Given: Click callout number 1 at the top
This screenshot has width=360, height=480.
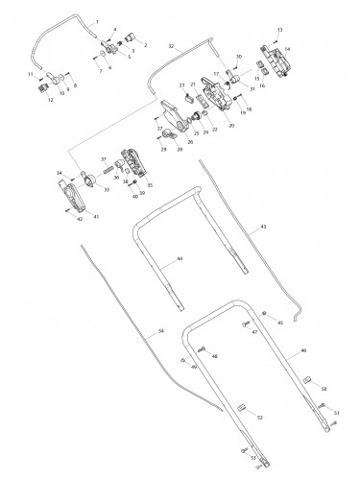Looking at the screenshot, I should coord(97,21).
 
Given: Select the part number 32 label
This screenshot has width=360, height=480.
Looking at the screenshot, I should coord(171,45).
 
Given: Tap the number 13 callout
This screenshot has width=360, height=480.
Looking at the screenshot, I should coord(280,32).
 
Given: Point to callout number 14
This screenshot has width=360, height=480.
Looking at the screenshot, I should coord(287,48).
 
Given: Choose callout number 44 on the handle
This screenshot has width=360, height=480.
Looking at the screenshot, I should coord(180,260).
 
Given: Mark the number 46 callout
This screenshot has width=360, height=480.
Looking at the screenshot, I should coord(304,353).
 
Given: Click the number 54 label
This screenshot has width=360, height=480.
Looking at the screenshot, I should coord(160,330).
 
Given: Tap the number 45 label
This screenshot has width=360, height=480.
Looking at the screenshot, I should coord(280,324).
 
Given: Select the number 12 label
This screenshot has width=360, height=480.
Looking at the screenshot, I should coord(50,100).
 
